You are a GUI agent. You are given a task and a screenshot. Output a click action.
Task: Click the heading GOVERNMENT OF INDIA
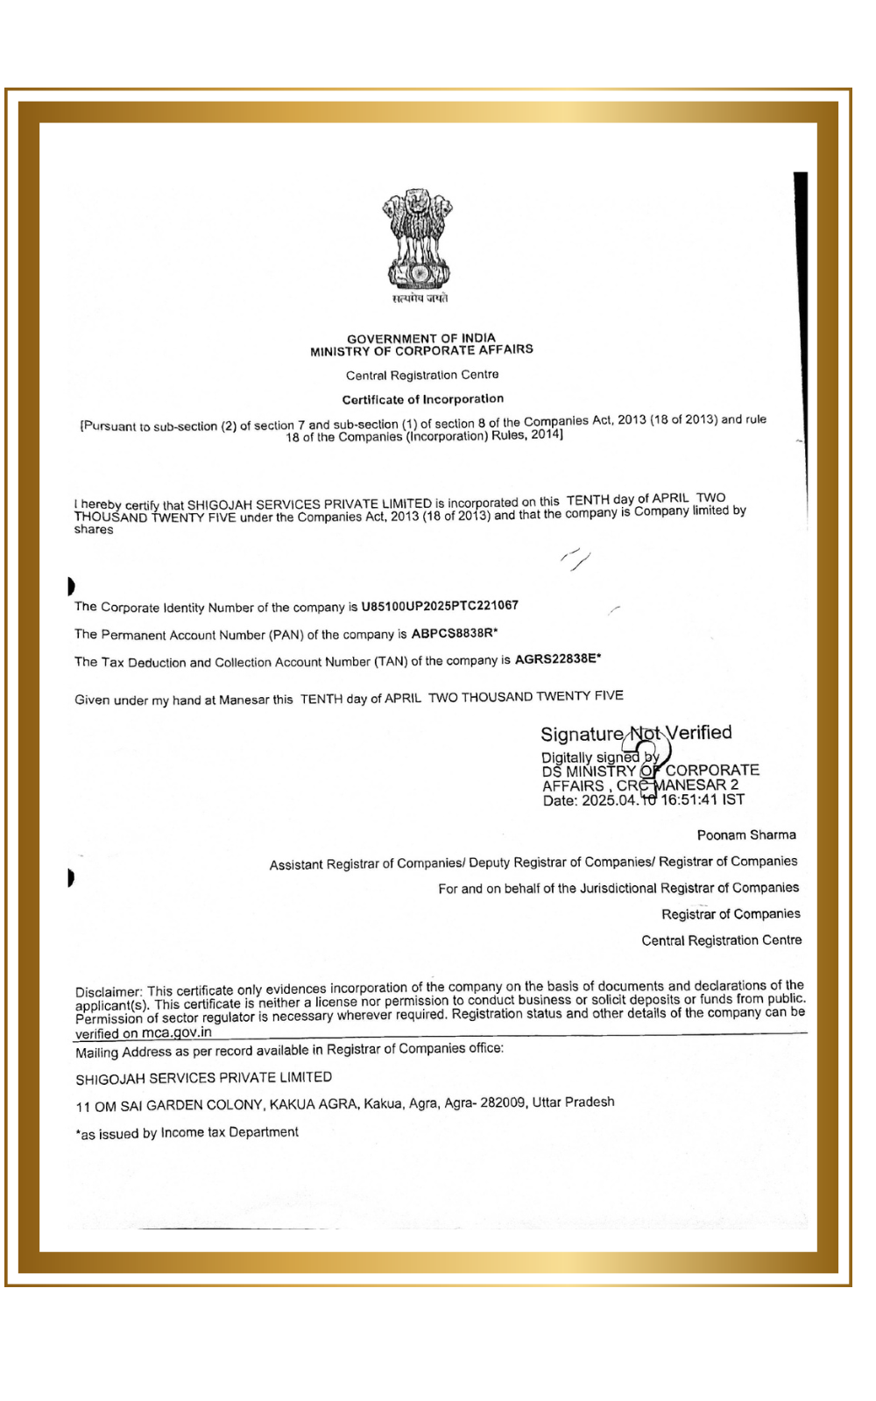421,338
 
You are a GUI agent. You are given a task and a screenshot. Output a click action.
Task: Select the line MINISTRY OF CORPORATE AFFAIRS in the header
421,350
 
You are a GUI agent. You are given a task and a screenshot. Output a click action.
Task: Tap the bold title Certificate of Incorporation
423,399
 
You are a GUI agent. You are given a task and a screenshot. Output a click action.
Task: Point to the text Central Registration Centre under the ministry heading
422,375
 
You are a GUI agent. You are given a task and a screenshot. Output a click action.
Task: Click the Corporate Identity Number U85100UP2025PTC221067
440,605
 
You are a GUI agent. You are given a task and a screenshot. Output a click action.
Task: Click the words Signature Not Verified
636,734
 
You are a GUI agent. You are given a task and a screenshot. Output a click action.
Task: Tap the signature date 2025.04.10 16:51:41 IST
663,799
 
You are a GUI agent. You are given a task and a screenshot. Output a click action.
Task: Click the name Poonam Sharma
746,834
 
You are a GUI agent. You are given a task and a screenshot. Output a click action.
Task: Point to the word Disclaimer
108,992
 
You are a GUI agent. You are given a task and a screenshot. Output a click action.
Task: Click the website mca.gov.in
176,1032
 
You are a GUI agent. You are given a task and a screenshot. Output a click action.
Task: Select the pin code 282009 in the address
502,1103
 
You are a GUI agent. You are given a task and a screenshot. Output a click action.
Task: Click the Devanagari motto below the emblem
420,299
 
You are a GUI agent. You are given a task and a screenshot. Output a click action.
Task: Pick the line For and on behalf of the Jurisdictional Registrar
618,888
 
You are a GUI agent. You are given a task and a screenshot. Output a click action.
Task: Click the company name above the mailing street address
203,1078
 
